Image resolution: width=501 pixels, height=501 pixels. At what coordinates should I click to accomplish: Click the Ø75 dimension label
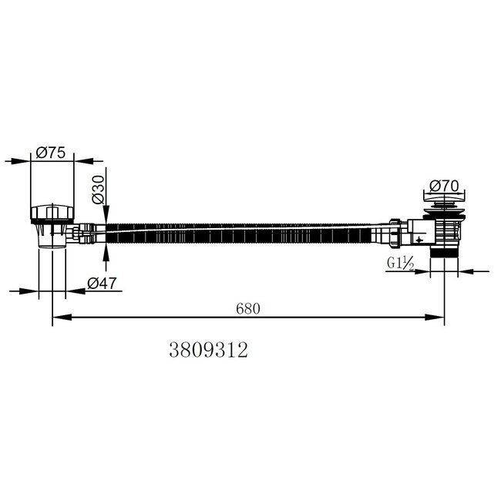pyautogui.click(x=51, y=153)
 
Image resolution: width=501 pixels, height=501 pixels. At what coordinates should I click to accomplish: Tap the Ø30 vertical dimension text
pyautogui.click(x=99, y=190)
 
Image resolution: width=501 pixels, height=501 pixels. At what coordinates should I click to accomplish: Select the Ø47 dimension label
pyautogui.click(x=103, y=284)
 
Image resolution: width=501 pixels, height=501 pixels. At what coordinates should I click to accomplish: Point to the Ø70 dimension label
pyautogui.click(x=444, y=186)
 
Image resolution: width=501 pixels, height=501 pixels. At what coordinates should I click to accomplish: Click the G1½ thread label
pyautogui.click(x=401, y=264)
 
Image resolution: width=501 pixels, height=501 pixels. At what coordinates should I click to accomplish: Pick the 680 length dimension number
pyautogui.click(x=248, y=308)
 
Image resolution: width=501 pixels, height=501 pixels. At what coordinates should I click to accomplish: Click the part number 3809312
pyautogui.click(x=208, y=350)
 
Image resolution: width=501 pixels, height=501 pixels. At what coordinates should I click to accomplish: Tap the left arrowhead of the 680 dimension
pyautogui.click(x=62, y=318)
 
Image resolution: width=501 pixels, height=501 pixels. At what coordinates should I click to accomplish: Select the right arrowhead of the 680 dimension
pyautogui.click(x=435, y=318)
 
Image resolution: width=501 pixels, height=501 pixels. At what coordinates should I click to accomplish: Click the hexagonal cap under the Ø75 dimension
pyautogui.click(x=52, y=213)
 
